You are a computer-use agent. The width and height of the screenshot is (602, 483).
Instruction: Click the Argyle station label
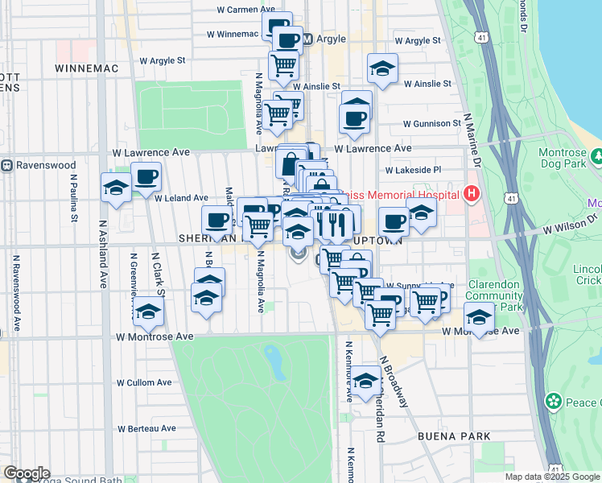pyautogui.click(x=329, y=39)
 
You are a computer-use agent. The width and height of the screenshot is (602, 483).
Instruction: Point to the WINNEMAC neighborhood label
pyautogui.click(x=88, y=68)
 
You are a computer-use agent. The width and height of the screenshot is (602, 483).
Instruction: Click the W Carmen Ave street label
pyautogui.click(x=244, y=10)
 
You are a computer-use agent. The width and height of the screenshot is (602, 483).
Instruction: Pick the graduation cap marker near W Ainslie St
pyautogui.click(x=382, y=68)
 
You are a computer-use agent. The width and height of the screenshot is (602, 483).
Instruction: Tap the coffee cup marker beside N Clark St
pyautogui.click(x=146, y=177)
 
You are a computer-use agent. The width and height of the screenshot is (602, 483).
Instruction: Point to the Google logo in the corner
pyautogui.click(x=27, y=473)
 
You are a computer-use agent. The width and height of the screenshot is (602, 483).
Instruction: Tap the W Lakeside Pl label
pyautogui.click(x=414, y=171)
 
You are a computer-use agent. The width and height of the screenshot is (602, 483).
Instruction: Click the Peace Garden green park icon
pyautogui.click(x=553, y=400)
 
